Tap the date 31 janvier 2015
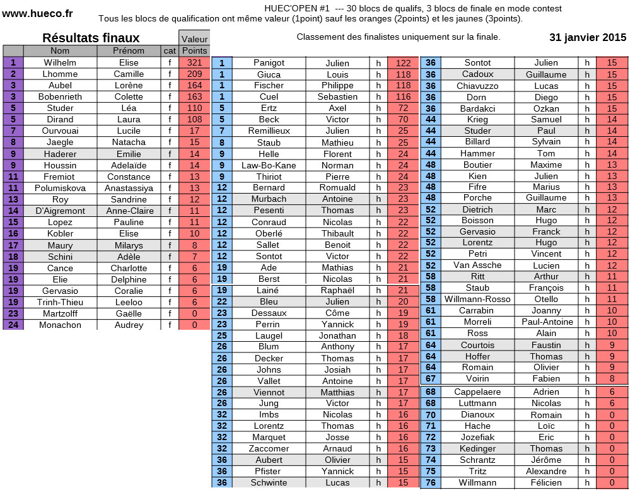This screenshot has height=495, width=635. coord(588,37)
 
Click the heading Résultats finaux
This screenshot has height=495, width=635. coord(91,38)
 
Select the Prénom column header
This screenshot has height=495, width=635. coord(129,50)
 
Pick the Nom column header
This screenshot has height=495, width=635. coord(60,50)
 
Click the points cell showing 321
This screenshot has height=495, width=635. coord(194,62)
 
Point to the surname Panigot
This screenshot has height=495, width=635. coord(269,63)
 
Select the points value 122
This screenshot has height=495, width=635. coord(403,63)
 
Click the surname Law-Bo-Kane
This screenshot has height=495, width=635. coord(269,165)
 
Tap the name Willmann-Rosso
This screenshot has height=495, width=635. coord(477,299)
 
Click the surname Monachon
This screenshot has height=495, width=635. coord(60,325)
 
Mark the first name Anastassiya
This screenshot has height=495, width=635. coord(129,188)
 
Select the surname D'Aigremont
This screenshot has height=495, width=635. coord(60,211)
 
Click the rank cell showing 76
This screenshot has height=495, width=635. coord(431,482)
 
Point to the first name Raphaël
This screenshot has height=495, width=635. coord(337,290)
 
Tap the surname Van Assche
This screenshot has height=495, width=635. coord(477,265)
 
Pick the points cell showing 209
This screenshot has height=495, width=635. coord(194,74)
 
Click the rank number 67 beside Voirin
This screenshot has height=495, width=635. coord(431,378)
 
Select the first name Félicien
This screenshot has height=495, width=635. coord(546,482)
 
